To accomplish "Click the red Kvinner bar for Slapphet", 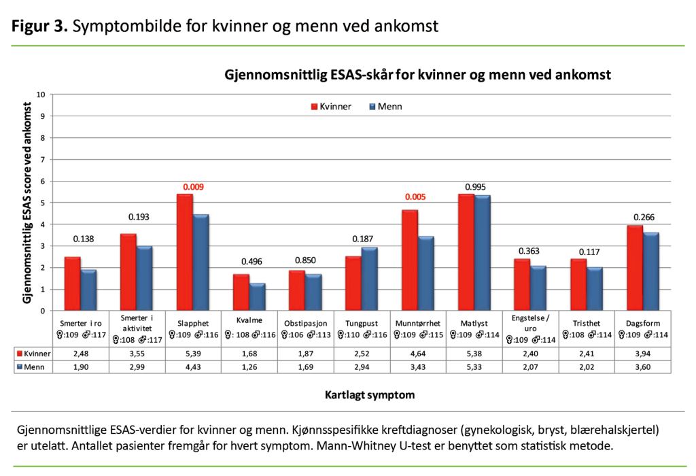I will click(x=185, y=252).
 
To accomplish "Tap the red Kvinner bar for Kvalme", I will click(x=241, y=292).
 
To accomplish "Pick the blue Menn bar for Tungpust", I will click(x=370, y=279).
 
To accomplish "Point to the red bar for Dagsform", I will click(x=635, y=268).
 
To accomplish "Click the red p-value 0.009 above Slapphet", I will click(x=192, y=187).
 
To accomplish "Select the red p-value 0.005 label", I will click(x=418, y=197).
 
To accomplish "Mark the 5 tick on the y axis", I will click(x=43, y=203).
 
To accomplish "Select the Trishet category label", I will click(x=587, y=323).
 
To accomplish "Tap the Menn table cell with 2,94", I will click(x=362, y=367).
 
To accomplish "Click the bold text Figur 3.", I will click(x=39, y=27).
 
